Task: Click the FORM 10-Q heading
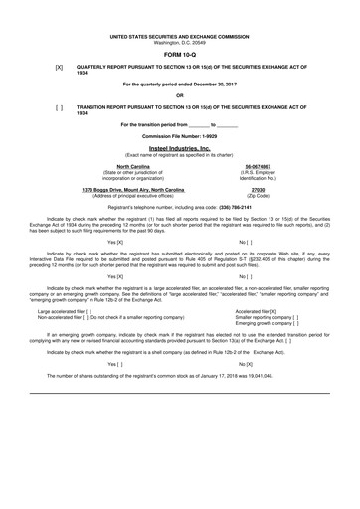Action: (179, 56)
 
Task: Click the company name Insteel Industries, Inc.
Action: (179, 146)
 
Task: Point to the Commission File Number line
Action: (179, 134)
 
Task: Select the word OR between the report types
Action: (179, 95)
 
